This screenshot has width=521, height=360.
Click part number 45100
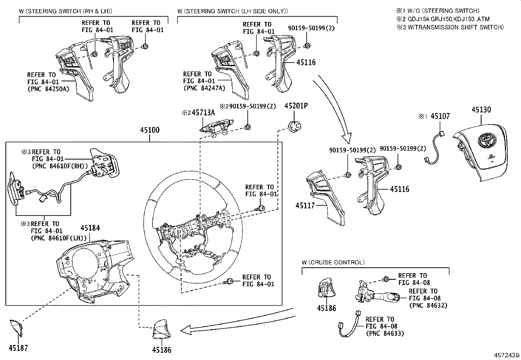click(x=150, y=130)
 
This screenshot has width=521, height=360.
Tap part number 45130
click(x=481, y=110)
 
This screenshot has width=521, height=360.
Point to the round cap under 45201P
click(x=294, y=126)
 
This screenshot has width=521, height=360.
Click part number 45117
click(x=305, y=206)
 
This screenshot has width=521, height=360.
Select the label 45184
click(x=90, y=228)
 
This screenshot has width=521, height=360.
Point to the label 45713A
click(x=203, y=113)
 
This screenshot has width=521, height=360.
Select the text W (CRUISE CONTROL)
click(x=333, y=262)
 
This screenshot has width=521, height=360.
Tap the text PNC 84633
click(x=385, y=333)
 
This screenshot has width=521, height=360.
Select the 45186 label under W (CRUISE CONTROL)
click(x=326, y=308)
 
